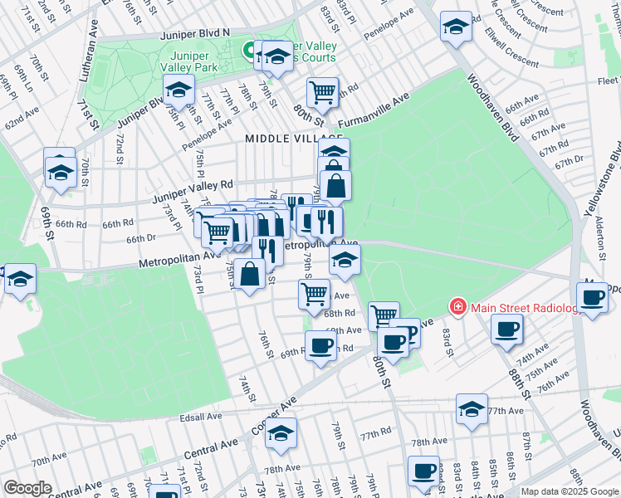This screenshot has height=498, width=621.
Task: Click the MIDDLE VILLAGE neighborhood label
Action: click(x=294, y=139)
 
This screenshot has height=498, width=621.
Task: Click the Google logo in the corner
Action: click(x=28, y=488)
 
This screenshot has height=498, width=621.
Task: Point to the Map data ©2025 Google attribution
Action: click(x=570, y=491)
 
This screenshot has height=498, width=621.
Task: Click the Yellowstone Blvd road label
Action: click(x=614, y=158)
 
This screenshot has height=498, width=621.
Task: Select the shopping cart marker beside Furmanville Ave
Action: click(x=323, y=91)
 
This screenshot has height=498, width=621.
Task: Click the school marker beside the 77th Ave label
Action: click(x=472, y=408)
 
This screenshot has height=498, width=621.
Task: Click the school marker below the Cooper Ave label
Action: click(x=281, y=433)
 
